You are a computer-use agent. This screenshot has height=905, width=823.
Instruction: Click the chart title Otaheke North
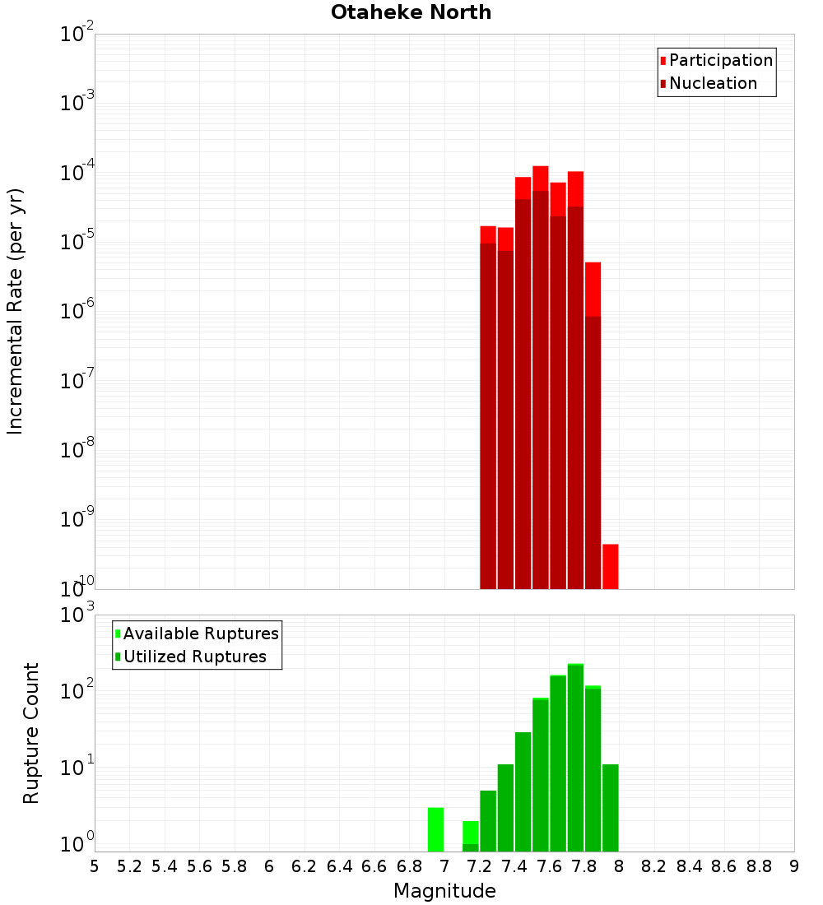(x=411, y=12)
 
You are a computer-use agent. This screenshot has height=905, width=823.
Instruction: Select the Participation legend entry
(x=721, y=60)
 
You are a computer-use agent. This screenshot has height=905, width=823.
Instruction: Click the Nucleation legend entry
(x=713, y=83)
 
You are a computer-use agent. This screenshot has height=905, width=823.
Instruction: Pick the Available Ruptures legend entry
(x=201, y=633)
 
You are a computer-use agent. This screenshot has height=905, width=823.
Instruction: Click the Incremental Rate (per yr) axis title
(x=16, y=311)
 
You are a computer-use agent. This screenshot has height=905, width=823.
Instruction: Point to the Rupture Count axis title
(x=31, y=733)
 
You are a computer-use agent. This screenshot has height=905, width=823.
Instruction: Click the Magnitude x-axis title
(x=444, y=891)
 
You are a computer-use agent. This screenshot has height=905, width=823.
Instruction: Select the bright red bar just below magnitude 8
(x=610, y=566)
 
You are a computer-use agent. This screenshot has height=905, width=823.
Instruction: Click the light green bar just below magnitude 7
(x=435, y=829)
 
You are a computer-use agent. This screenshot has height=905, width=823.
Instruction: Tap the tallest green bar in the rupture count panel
(x=575, y=757)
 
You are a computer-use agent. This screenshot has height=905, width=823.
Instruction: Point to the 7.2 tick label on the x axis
(x=480, y=866)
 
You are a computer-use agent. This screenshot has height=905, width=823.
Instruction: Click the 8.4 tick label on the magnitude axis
(x=690, y=866)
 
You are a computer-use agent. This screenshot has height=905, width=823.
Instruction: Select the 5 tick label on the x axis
(x=95, y=866)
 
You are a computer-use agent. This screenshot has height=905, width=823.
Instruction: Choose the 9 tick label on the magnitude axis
(x=794, y=866)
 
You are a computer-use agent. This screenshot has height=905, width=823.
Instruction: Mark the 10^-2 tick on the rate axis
(x=77, y=35)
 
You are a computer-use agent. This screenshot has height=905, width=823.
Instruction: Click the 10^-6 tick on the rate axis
(x=77, y=312)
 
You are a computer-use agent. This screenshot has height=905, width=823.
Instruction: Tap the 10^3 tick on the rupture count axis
(x=77, y=615)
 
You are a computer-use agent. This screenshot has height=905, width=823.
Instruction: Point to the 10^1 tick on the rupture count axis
(x=77, y=768)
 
